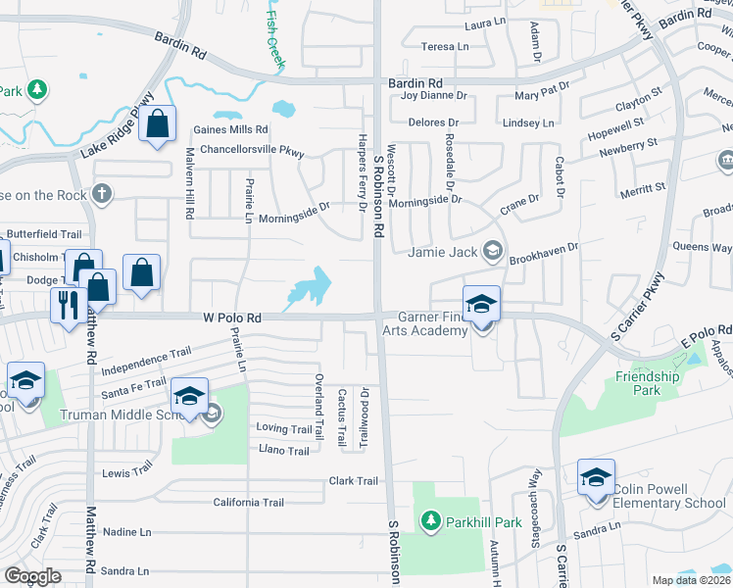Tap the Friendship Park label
pyautogui.click(x=648, y=383)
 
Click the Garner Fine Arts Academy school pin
pyautogui.click(x=482, y=305)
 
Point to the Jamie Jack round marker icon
pyautogui.click(x=494, y=252)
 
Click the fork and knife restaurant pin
pyautogui.click(x=68, y=305)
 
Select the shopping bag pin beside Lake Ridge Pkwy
pyautogui.click(x=157, y=125)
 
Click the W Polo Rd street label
pyautogui.click(x=232, y=318)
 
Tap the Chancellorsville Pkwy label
pyautogui.click(x=252, y=152)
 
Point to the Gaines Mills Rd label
pyautogui.click(x=230, y=129)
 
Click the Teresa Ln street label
pyautogui.click(x=445, y=46)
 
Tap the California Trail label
pyautogui.click(x=249, y=503)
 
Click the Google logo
pyautogui.click(x=33, y=575)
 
